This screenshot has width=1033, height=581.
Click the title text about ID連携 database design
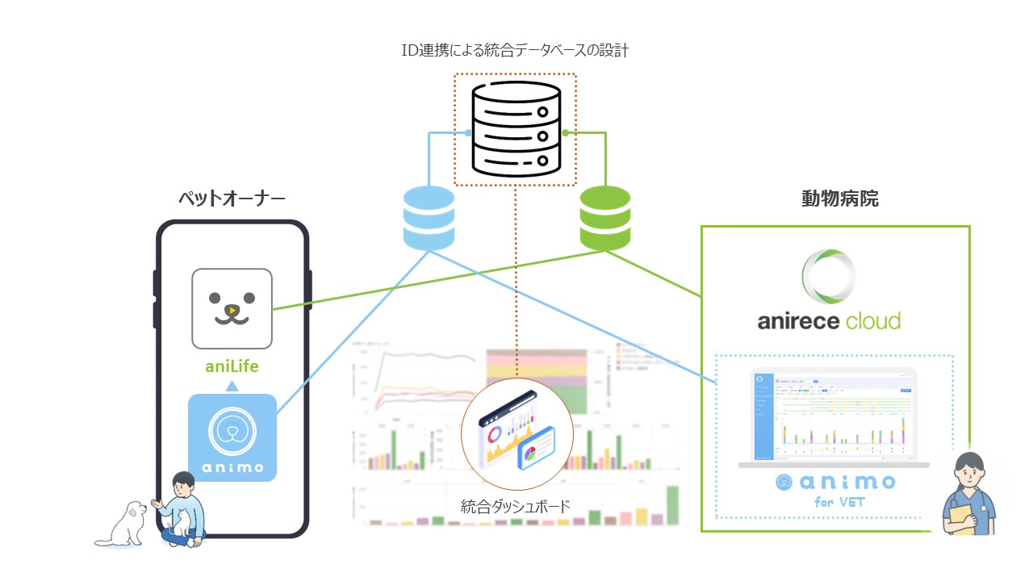[515, 51]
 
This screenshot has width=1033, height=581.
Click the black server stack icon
[515, 130]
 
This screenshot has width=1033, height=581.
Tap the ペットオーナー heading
[232, 199]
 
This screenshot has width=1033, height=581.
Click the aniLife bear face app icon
[232, 307]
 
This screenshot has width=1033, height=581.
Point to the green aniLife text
[232, 366]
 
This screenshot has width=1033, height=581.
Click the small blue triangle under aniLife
[232, 386]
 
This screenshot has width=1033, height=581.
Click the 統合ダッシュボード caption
[516, 507]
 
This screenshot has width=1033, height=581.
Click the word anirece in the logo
[797, 322]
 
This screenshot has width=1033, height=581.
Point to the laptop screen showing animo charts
[834, 416]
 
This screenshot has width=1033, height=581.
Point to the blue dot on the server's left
[468, 132]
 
